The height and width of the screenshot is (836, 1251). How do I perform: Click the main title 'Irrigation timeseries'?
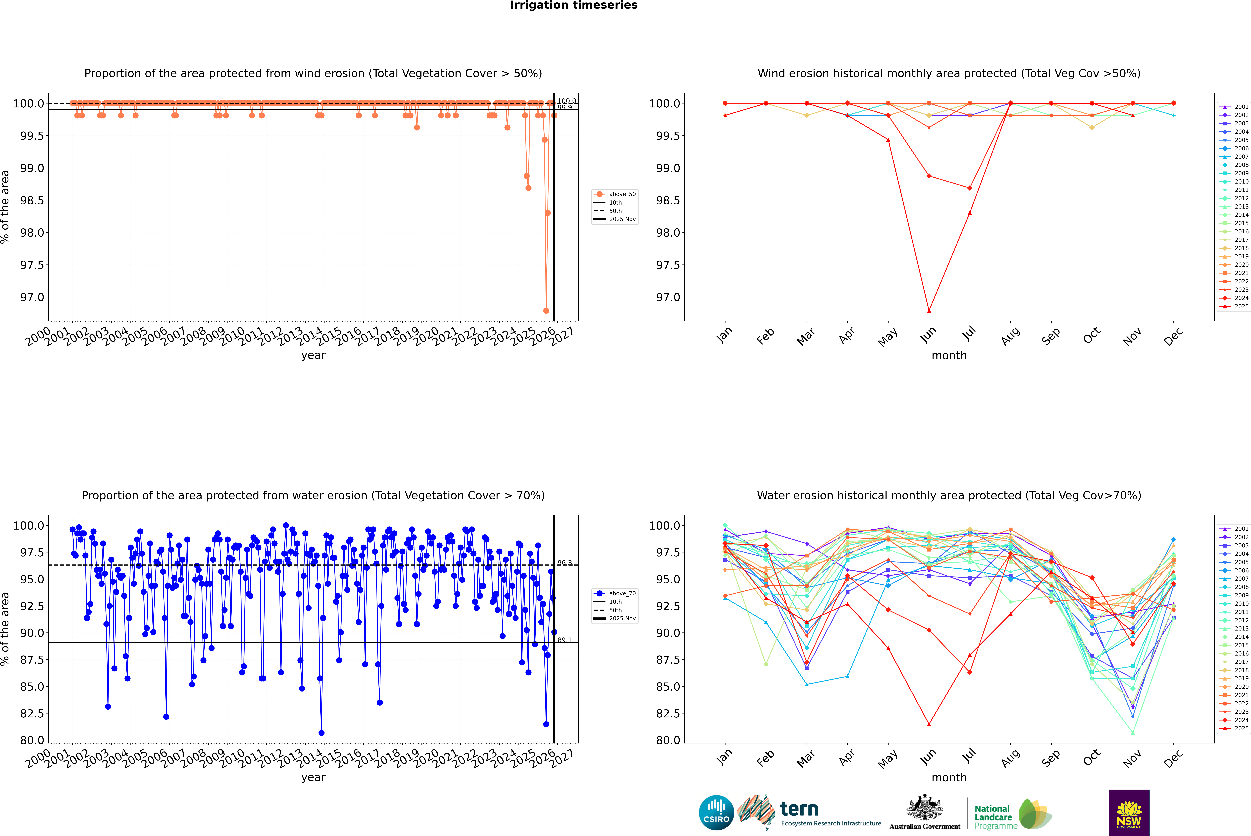click(x=573, y=5)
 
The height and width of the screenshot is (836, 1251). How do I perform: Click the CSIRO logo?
click(x=716, y=813)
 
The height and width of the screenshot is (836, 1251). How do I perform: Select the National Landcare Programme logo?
click(x=1012, y=815)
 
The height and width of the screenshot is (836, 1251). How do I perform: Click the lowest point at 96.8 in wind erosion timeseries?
click(x=546, y=311)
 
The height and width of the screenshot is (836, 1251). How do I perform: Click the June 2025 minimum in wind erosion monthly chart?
click(x=929, y=311)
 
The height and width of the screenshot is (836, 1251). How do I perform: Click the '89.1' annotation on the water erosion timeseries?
click(x=564, y=640)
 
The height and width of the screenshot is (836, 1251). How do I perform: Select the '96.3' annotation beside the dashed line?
click(x=564, y=563)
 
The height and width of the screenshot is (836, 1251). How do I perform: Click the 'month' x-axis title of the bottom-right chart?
click(x=949, y=777)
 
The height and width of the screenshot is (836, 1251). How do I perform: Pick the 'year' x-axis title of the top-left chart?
click(x=313, y=355)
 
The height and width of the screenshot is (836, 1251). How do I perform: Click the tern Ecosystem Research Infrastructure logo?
click(x=808, y=813)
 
